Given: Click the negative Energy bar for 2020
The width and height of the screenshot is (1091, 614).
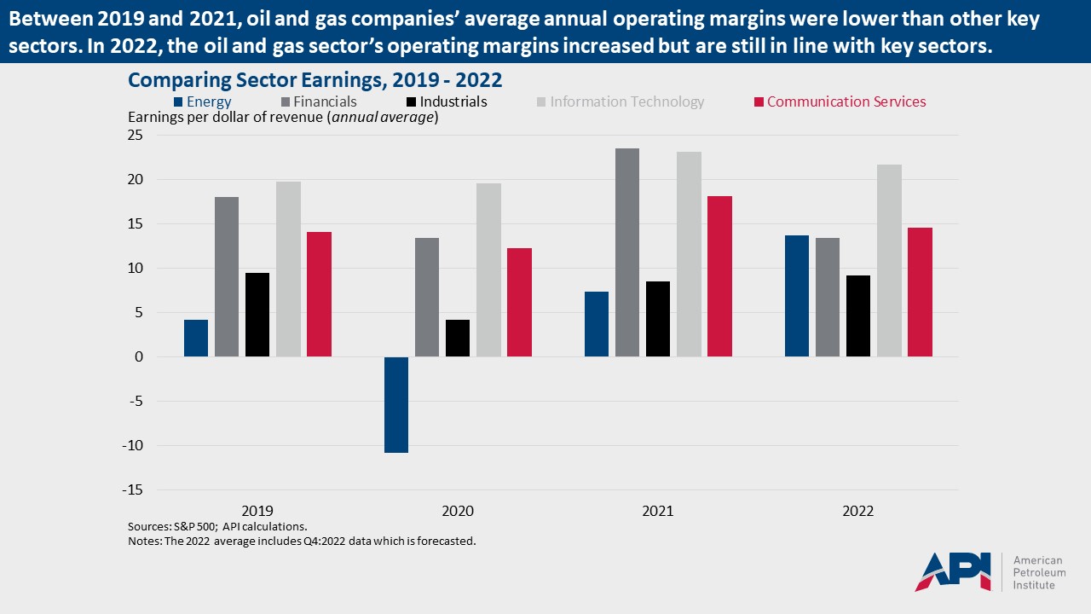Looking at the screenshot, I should (396, 404).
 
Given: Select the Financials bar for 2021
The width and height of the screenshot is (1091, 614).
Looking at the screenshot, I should (627, 252).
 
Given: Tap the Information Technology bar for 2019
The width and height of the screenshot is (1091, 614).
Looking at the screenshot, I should (288, 269).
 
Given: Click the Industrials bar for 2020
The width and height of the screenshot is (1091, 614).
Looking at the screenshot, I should (458, 338).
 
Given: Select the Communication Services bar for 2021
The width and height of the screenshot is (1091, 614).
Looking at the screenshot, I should (719, 276).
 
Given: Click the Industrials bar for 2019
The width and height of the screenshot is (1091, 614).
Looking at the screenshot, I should (257, 315).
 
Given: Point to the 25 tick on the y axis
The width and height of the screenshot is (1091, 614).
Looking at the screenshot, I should (136, 136).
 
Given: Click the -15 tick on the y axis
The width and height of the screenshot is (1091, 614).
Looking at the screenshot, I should (132, 490).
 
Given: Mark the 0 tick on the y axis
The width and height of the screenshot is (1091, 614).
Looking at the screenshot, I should (139, 357).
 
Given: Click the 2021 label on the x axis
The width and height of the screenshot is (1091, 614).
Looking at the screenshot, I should (658, 512).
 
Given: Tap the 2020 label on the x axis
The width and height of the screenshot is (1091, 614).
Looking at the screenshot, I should (458, 512).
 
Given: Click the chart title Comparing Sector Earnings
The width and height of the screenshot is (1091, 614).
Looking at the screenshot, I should (315, 80).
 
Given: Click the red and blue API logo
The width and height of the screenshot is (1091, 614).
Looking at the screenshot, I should (953, 571).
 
